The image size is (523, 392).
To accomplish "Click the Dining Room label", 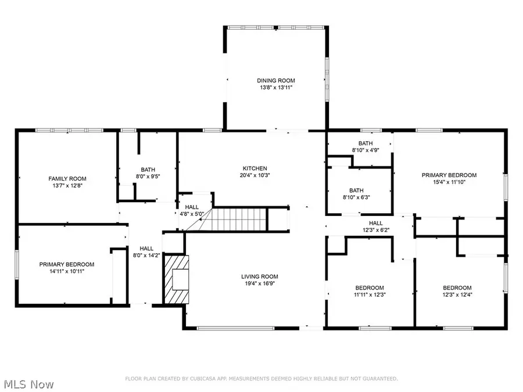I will click(x=276, y=81).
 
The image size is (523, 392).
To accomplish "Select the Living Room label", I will click(x=260, y=276).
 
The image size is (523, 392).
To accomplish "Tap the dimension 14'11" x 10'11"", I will click(x=67, y=271).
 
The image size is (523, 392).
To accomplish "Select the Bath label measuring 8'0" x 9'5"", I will click(x=148, y=170).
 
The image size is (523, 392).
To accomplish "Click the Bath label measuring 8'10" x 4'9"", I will click(x=366, y=143).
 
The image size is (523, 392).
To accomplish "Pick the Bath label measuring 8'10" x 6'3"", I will click(x=356, y=190).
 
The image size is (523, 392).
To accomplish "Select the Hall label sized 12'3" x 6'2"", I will click(x=375, y=223).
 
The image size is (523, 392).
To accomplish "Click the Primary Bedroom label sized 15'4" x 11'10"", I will click(x=449, y=175).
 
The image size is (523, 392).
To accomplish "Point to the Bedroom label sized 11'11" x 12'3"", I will click(x=370, y=287).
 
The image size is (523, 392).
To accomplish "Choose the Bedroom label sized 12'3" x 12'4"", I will click(x=457, y=287).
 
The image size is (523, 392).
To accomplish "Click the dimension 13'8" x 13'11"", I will click(x=276, y=87).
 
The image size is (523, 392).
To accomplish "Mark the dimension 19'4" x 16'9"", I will click(x=260, y=283).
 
